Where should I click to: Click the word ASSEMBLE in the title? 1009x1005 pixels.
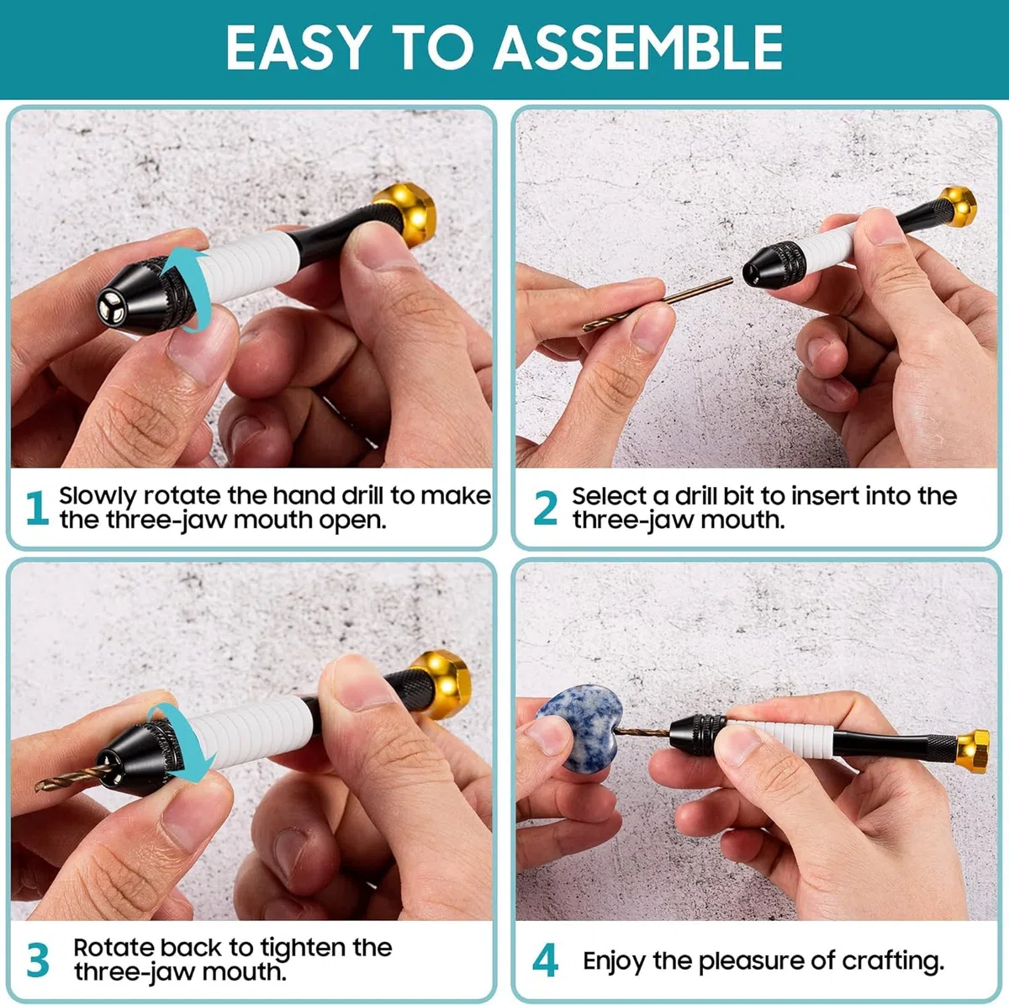click(x=637, y=47)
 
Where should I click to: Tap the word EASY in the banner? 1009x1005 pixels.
click(x=296, y=47)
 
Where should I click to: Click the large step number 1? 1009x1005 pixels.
click(x=38, y=507)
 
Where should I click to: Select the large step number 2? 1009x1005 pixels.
click(x=545, y=507)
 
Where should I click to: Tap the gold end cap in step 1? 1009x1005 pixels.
click(x=407, y=213)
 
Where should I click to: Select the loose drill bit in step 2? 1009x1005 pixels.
click(x=658, y=304)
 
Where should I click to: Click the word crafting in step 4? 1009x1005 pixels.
click(x=893, y=961)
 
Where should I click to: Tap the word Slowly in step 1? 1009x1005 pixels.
click(x=98, y=496)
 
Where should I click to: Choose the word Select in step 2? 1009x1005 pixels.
click(x=609, y=495)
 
